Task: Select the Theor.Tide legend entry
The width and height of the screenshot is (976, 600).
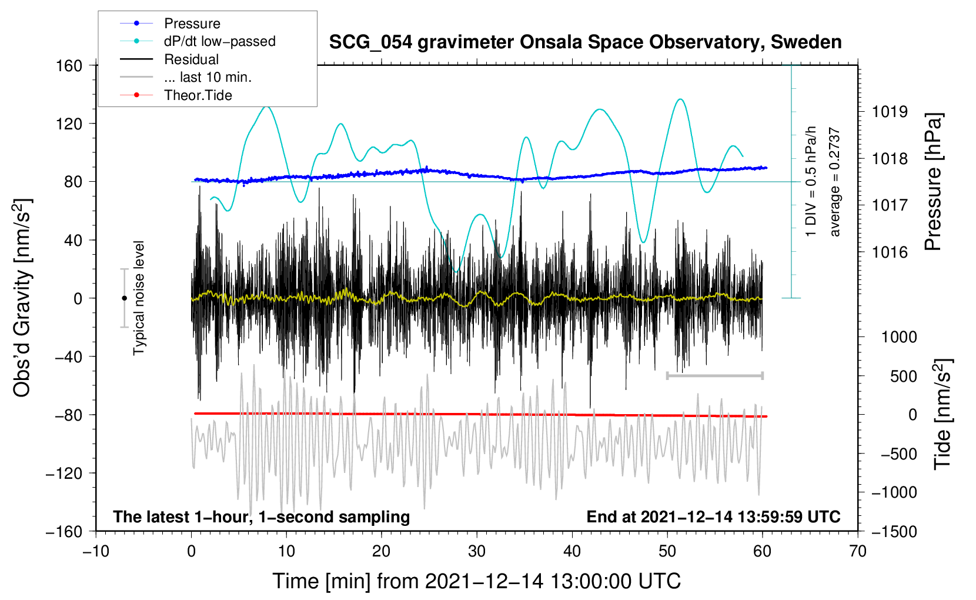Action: pyautogui.click(x=198, y=95)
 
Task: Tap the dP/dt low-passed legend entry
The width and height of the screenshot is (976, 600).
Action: pyautogui.click(x=219, y=41)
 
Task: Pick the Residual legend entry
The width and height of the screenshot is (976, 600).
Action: pyautogui.click(x=191, y=59)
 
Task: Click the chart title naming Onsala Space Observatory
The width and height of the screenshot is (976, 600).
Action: pyautogui.click(x=585, y=42)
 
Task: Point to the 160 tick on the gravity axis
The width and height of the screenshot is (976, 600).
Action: pyautogui.click(x=69, y=65)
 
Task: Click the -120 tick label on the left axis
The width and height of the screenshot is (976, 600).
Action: pyautogui.click(x=64, y=473)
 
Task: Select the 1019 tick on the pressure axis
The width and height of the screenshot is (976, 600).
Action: pyautogui.click(x=890, y=112)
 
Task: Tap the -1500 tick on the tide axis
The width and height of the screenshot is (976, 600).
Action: pyautogui.click(x=894, y=531)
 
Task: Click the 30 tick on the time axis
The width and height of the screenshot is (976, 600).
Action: pyautogui.click(x=477, y=551)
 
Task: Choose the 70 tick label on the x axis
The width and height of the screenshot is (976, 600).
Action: pyautogui.click(x=858, y=551)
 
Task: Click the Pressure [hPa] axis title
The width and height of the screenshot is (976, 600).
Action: pyautogui.click(x=933, y=182)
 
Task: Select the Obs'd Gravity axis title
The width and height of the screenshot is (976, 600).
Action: pyautogui.click(x=22, y=298)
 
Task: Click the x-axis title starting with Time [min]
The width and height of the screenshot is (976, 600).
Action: pyautogui.click(x=476, y=581)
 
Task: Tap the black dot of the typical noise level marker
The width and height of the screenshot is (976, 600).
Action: pyautogui.click(x=124, y=298)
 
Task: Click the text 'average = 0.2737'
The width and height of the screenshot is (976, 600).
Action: pyautogui.click(x=834, y=182)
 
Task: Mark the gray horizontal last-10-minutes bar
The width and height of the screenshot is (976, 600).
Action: pyautogui.click(x=714, y=375)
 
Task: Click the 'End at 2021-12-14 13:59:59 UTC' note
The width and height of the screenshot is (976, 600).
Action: pyautogui.click(x=713, y=516)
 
